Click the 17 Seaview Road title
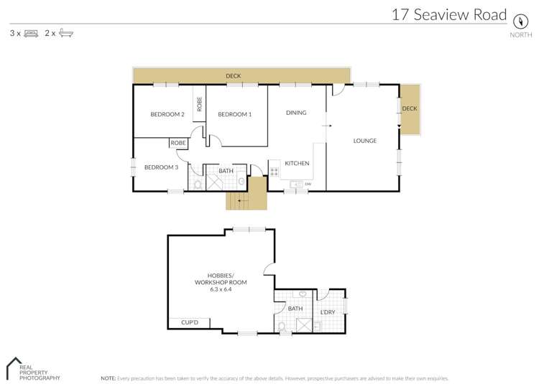coord(448,14)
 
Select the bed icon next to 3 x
coord(31,33)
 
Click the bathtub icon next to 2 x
coord(65,33)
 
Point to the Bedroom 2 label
coord(167,114)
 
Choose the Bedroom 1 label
coord(234,114)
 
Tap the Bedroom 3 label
coord(161,167)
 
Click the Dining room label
coord(296,113)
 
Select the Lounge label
coord(364,141)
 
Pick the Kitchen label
coord(297,164)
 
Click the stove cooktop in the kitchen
coord(274,171)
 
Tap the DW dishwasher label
coord(308,184)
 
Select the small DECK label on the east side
coord(409,108)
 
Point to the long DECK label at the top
coord(233,75)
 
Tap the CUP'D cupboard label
coord(190,323)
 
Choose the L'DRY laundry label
coord(328,312)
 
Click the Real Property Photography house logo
coord(12,367)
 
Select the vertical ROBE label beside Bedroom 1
coord(200,104)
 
